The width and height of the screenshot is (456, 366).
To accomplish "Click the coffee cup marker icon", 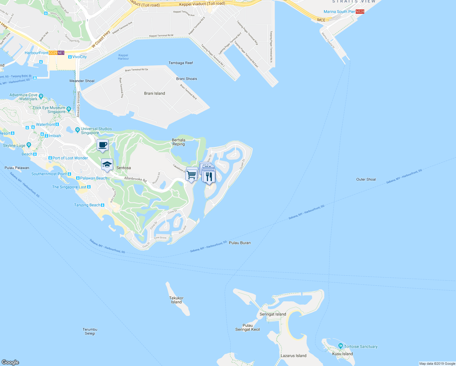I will tap(102, 145).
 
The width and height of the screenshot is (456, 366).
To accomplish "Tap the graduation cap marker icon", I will tap(107, 165).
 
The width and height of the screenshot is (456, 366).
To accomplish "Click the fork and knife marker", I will tap(209, 177).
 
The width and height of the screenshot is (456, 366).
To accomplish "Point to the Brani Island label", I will tap(155, 93).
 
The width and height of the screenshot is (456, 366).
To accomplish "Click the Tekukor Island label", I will tap(176, 300).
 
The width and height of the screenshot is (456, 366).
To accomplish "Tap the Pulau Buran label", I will tap(240, 243).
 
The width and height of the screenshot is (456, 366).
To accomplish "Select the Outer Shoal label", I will tap(366, 179).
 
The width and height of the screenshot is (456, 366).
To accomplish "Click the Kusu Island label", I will tap(342, 354).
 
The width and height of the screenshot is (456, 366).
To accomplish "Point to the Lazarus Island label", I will tap(293, 356).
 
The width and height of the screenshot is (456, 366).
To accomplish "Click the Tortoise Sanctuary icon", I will tap(340, 346).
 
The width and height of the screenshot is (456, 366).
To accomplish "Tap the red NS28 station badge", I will tap(360, 12).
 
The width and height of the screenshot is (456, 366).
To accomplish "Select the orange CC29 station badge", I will tap(53, 53).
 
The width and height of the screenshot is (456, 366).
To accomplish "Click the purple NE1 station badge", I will tap(61, 53).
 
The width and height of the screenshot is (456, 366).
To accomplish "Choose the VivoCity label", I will tap(79, 57).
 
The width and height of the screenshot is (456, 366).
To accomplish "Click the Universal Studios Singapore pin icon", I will tap(77, 130).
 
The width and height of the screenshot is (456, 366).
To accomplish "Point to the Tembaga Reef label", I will tap(181, 63).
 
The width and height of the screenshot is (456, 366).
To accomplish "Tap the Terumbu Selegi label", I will tap(90, 331).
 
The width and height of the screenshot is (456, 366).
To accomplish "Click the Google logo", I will tap(10, 362).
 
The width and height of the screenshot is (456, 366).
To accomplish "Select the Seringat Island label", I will tap(273, 314).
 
